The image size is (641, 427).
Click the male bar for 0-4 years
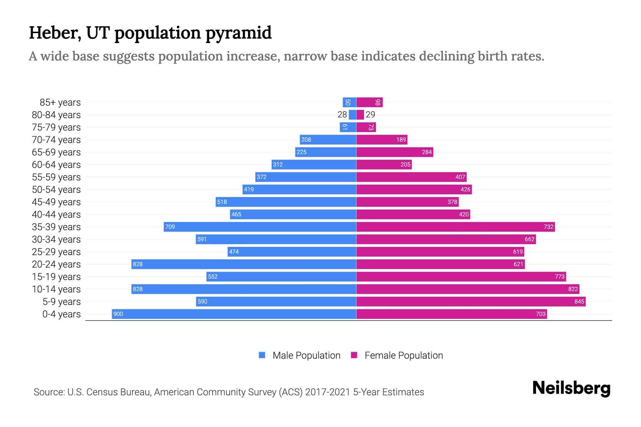pyautogui.click(x=234, y=314)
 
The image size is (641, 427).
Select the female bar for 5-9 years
pyautogui.click(x=471, y=301)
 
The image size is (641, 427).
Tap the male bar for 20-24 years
pyautogui.click(x=244, y=264)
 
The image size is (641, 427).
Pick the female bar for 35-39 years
pyautogui.click(x=455, y=227)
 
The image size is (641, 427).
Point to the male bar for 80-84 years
pyautogui.click(x=353, y=115)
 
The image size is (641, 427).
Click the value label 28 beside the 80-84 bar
pyautogui.click(x=342, y=115)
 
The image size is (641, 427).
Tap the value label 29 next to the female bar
pyautogui.click(x=370, y=115)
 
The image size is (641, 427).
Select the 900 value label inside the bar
pyautogui.click(x=118, y=314)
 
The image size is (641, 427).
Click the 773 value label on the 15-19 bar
pyautogui.click(x=559, y=276)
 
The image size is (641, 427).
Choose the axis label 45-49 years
pyautogui.click(x=56, y=202)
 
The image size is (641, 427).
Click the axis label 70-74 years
pyautogui.click(x=56, y=139)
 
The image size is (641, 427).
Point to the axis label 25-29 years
pyautogui.click(x=56, y=252)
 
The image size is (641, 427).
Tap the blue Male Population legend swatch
pyautogui.click(x=262, y=355)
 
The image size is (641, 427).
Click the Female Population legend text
pyautogui.click(x=403, y=355)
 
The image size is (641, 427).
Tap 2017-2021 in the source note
pyautogui.click(x=327, y=392)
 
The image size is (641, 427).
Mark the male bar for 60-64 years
pyautogui.click(x=314, y=164)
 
